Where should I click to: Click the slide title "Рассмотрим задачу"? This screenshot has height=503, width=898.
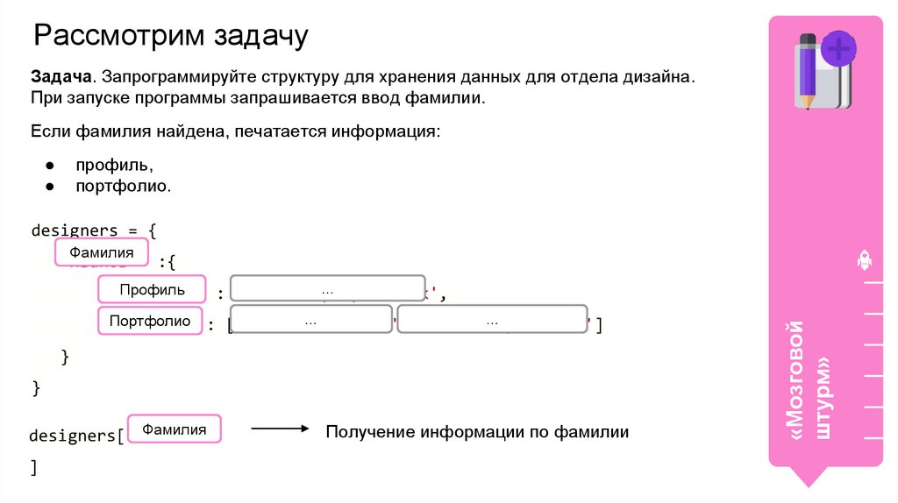171,37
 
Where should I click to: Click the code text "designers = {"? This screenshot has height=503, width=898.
94,230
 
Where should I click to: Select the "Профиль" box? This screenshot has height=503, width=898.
153,289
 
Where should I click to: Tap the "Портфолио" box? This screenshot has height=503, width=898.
150,321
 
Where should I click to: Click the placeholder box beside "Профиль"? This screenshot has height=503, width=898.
328,291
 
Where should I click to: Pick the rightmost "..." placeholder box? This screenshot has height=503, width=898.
492,322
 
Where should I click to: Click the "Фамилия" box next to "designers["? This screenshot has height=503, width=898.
175,429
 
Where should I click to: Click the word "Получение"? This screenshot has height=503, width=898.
369,432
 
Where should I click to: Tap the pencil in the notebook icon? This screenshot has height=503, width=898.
807,70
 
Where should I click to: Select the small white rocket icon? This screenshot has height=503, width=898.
864,259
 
